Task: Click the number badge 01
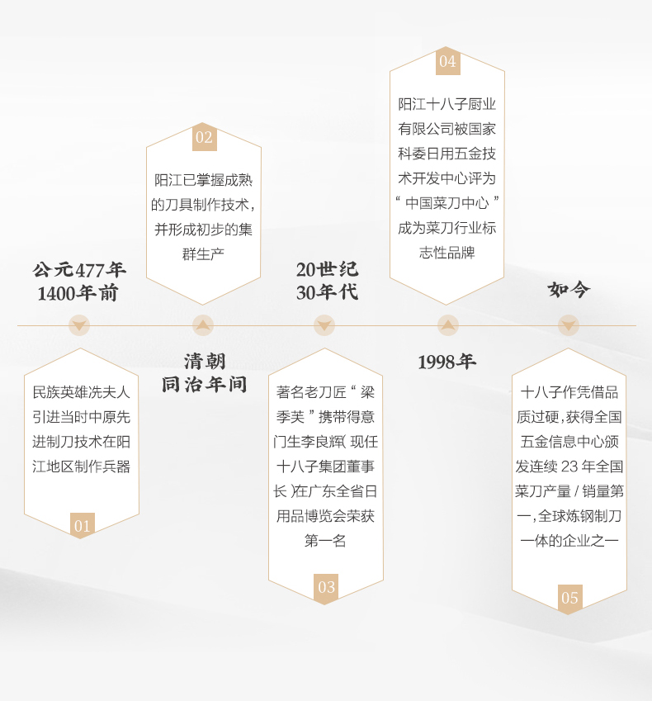tap(82, 526)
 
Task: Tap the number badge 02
tap(204, 138)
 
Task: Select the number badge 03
tap(326, 587)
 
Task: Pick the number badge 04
tap(447, 62)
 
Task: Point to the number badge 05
tap(569, 598)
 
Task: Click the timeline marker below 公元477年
tap(79, 325)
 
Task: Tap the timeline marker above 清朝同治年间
tap(203, 325)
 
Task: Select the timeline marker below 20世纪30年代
tap(325, 325)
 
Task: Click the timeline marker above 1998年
tap(447, 325)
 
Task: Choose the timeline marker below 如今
tap(569, 325)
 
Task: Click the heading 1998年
tap(446, 362)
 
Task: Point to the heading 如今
tap(569, 290)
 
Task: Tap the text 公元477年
tap(79, 270)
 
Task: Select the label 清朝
tap(204, 361)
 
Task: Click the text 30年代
tap(327, 293)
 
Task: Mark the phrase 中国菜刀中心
tap(447, 202)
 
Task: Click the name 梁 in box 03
tap(366, 392)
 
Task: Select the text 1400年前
tap(78, 293)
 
